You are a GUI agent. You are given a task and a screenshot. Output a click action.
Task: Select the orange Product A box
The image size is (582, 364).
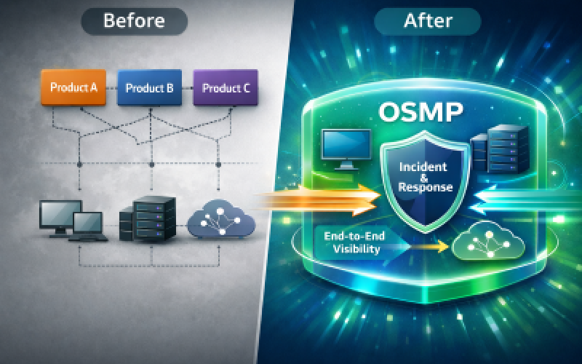(73, 88)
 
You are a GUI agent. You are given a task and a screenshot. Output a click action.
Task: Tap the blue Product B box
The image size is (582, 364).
(149, 88)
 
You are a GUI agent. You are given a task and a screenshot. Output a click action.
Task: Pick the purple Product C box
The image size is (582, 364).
(226, 88)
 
